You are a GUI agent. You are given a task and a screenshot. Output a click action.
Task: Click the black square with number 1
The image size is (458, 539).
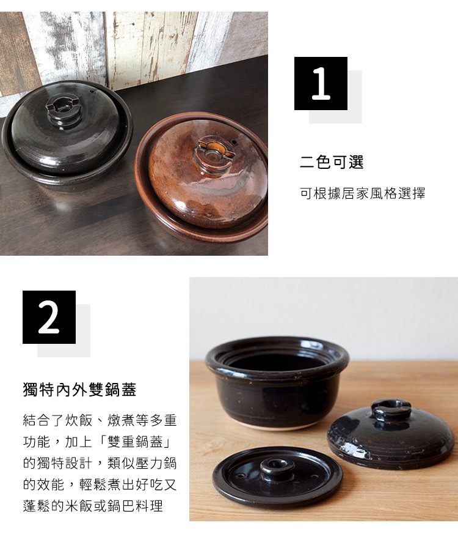(321, 84)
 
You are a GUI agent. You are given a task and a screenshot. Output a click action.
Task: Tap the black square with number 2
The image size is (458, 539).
(49, 317)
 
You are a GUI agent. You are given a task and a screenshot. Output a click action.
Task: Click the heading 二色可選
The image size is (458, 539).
(332, 162)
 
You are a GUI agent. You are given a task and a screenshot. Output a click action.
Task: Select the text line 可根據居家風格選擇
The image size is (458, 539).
(362, 193)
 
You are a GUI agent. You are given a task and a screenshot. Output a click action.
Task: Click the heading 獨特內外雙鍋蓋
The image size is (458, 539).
(79, 390)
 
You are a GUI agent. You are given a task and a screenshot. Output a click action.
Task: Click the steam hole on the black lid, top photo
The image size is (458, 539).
(92, 92)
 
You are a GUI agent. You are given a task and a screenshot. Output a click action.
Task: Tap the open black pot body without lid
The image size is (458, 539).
(277, 382)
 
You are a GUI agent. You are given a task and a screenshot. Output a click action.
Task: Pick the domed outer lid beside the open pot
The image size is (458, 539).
(390, 434)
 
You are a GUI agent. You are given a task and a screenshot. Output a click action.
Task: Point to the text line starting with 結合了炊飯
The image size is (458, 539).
(100, 420)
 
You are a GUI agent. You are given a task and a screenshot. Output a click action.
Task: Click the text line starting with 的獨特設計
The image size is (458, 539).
(100, 463)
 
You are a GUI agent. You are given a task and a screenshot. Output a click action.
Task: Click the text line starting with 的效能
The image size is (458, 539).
(100, 485)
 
